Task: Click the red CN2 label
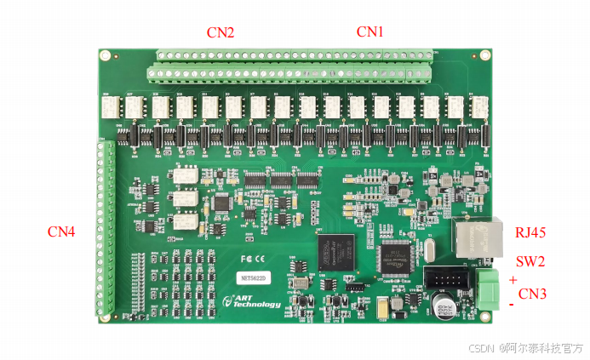point(221,32)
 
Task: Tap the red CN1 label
point(369,31)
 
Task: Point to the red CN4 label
point(61,231)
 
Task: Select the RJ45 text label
point(530,231)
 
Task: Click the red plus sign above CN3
point(513,280)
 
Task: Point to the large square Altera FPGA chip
point(335,251)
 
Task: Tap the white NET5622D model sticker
point(251,278)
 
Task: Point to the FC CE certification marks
point(255,257)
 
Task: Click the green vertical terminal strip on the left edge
point(104,228)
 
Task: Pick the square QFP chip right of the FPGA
point(393,258)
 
